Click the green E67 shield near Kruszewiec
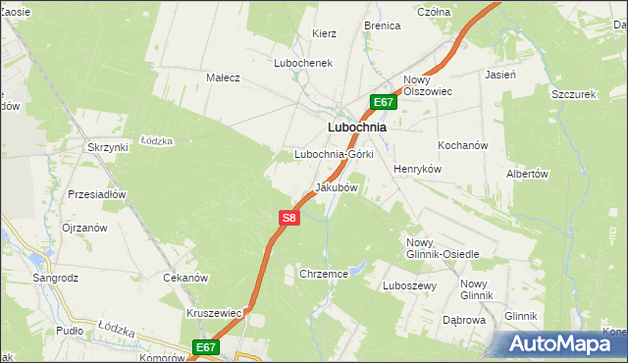click(x=204, y=347)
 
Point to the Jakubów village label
click(x=336, y=186)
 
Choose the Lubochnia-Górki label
click(x=334, y=155)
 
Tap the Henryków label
click(x=419, y=169)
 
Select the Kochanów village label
click(x=463, y=145)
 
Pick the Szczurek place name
click(x=574, y=94)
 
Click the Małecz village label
click(x=223, y=78)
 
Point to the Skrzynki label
click(x=108, y=147)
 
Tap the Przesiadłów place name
click(x=97, y=194)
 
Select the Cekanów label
click(x=184, y=278)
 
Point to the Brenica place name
click(x=382, y=26)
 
